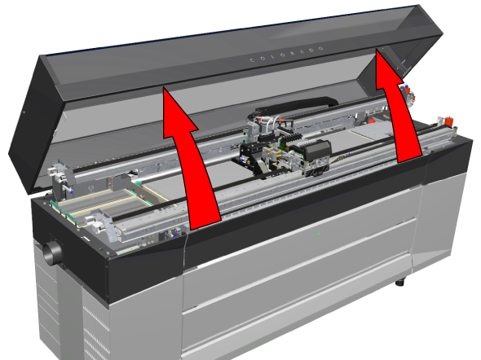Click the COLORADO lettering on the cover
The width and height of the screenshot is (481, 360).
(287, 54)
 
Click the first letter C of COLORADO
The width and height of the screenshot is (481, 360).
(253, 60)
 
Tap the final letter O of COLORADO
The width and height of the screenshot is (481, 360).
(321, 49)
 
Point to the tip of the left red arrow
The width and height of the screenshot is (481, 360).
(164, 87)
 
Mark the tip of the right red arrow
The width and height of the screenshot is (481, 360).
(377, 49)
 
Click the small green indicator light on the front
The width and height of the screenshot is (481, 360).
(319, 233)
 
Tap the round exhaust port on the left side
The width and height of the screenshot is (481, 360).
(51, 252)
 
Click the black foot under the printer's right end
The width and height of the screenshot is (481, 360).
(400, 281)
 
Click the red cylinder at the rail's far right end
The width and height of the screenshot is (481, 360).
(448, 121)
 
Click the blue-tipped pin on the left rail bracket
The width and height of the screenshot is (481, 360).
(71, 191)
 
